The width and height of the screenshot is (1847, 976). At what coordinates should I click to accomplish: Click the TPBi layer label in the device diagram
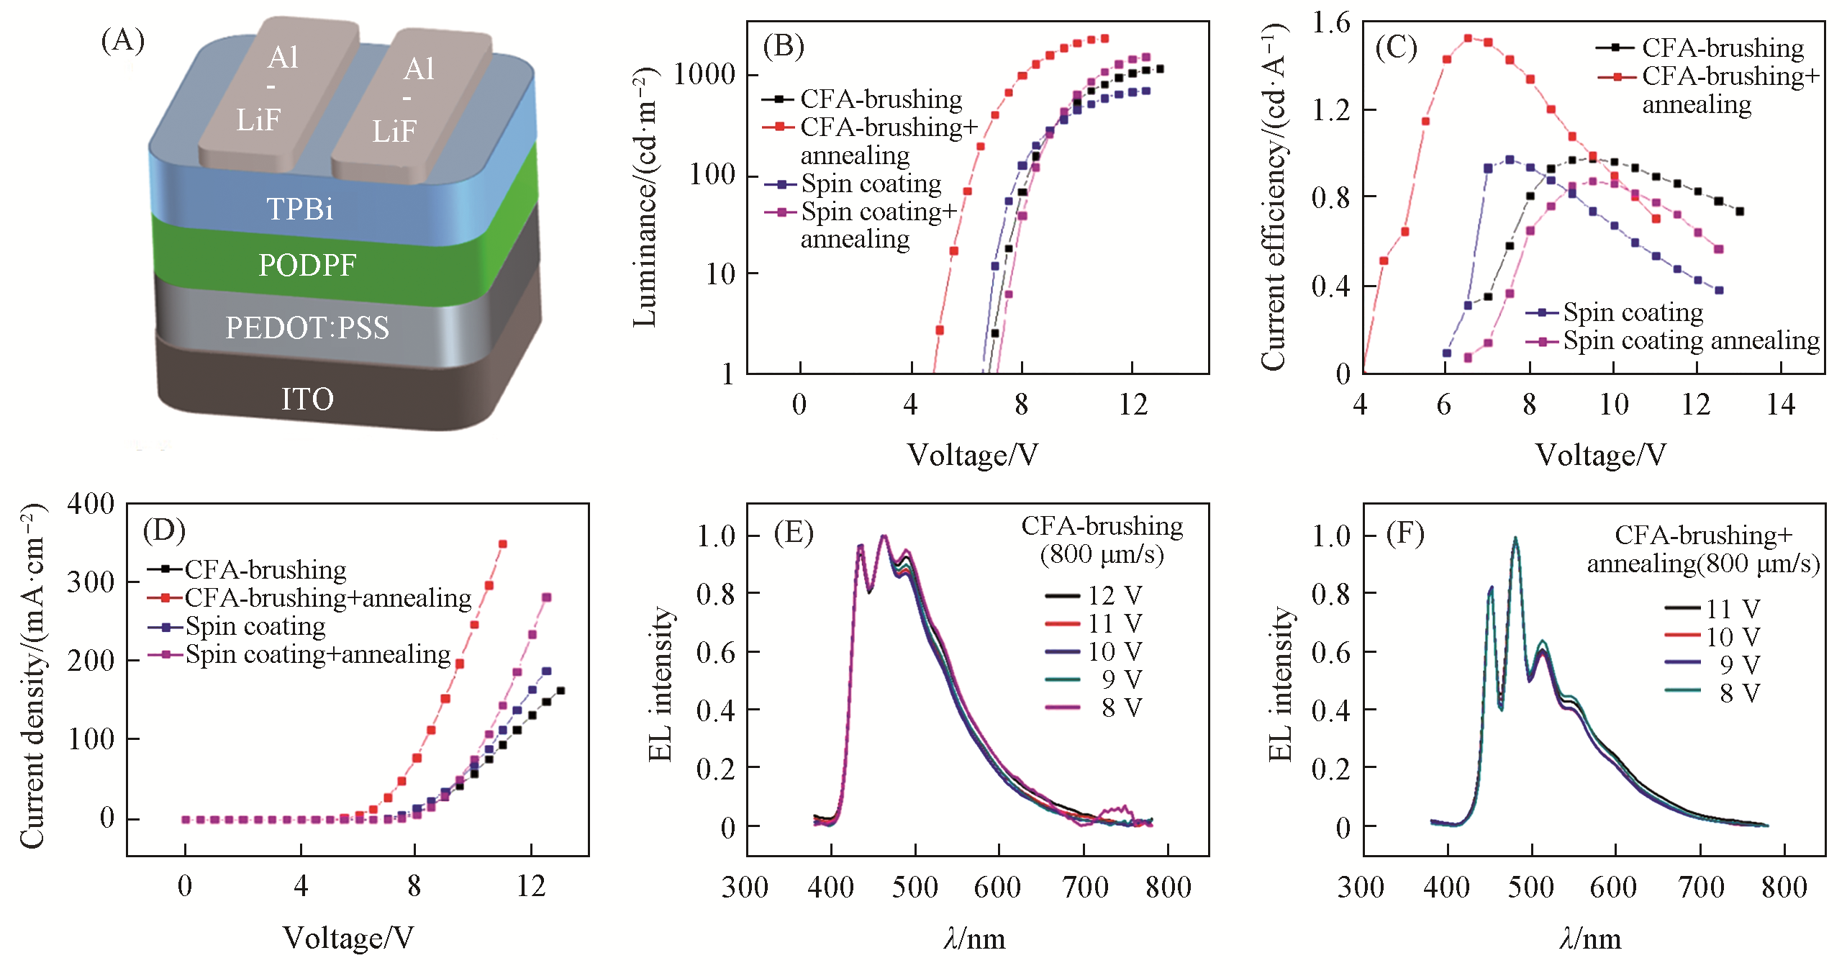point(300,209)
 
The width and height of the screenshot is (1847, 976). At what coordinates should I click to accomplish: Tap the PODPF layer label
point(307,266)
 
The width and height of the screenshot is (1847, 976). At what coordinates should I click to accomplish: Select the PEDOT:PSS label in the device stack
point(307,328)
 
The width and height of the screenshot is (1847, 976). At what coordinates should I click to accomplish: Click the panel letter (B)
point(783,46)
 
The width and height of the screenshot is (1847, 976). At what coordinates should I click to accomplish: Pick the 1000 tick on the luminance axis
point(704,74)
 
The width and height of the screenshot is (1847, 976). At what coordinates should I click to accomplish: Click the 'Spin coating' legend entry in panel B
point(871,184)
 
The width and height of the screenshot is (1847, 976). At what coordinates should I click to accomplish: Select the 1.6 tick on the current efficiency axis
point(1330,23)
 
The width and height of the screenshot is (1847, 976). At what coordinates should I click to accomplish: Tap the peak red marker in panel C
point(1468,38)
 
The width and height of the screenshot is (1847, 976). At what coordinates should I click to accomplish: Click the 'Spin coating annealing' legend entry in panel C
point(1691,340)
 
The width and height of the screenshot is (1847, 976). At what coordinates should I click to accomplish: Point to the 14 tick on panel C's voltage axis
point(1781,405)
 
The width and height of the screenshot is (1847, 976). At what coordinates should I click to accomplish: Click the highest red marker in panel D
point(503,544)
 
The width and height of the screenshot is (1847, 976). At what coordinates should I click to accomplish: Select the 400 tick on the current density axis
point(91,504)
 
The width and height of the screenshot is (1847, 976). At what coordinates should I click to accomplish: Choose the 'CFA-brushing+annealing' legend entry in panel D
point(327,598)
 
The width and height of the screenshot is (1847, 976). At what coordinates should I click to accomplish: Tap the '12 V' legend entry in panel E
point(1114,596)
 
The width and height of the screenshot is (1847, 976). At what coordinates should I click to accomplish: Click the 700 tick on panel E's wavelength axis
point(1084,887)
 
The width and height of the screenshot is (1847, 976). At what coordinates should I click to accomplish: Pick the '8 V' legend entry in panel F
point(1739,693)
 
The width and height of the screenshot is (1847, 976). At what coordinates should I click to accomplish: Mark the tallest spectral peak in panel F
point(1515,538)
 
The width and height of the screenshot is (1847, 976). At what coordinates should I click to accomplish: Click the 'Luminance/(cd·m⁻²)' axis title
point(645,197)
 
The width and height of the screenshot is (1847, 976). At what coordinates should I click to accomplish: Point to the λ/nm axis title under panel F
point(1590,939)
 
